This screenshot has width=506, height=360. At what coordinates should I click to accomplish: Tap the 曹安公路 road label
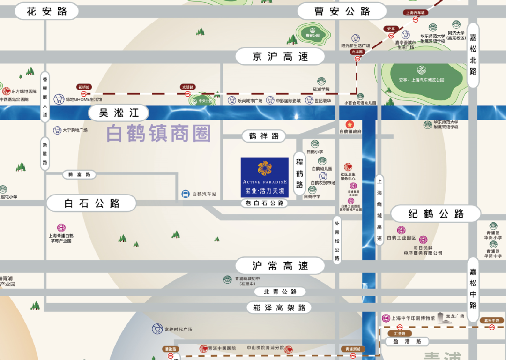pos(342,12)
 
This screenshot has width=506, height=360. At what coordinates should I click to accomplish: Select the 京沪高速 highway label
pos(280,57)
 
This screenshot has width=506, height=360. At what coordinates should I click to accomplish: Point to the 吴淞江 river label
pos(119,113)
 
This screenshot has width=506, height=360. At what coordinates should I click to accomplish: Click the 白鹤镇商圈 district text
pos(158,134)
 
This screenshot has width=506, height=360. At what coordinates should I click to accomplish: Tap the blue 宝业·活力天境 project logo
pos(264,177)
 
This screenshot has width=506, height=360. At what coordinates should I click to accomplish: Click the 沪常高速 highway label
pos(280,266)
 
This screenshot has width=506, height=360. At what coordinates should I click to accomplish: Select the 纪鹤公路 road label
pos(436,214)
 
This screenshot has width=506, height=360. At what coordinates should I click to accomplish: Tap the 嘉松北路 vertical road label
pos(473,55)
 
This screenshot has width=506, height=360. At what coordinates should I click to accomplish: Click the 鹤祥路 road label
pos(264,136)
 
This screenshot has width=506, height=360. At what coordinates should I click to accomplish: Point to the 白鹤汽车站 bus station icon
pos(186,194)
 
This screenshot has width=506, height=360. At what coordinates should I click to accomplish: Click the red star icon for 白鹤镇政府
pos(348,124)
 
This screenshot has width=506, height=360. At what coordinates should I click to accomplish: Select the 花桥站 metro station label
pos(84,87)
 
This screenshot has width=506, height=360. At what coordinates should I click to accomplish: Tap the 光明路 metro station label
pos(187,87)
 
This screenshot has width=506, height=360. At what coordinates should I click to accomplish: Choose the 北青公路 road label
pos(280,292)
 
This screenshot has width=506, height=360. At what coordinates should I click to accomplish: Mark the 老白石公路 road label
pos(265,203)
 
